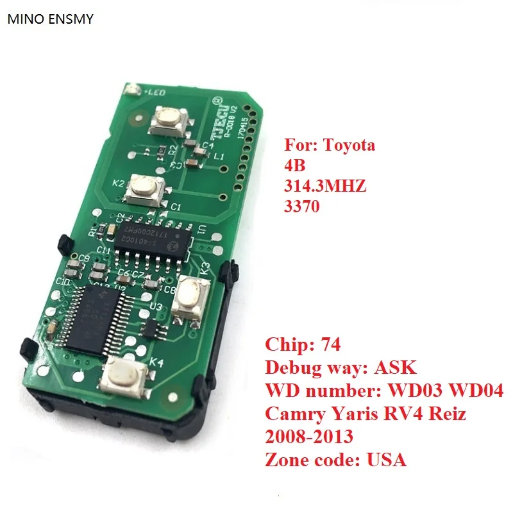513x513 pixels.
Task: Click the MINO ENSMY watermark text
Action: pyautogui.click(x=50, y=19)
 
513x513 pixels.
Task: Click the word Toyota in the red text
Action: pyautogui.click(x=350, y=146)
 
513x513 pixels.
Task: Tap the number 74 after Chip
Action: pyautogui.click(x=330, y=347)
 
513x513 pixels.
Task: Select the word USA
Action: pyautogui.click(x=388, y=460)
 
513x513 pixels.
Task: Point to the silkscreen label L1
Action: pyautogui.click(x=219, y=156)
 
